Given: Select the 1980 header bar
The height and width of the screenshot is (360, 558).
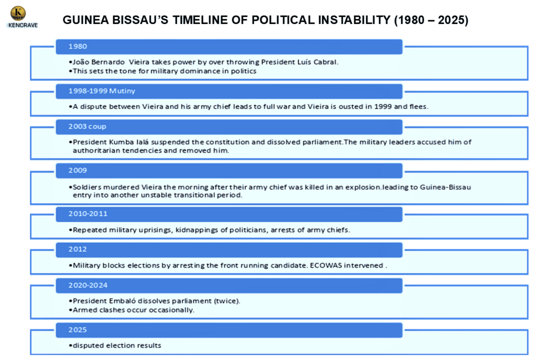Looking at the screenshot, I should (x=229, y=47).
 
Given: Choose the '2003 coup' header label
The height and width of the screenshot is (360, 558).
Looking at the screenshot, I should (x=88, y=127).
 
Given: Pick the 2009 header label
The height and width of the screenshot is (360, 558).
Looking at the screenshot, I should (x=78, y=170).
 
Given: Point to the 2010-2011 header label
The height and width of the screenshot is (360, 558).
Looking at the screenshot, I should (x=88, y=214).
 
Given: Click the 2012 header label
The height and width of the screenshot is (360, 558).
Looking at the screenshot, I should (x=78, y=249).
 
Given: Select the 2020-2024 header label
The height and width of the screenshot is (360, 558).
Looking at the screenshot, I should (x=88, y=285).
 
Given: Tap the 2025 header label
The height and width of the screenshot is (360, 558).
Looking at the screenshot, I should (x=78, y=330).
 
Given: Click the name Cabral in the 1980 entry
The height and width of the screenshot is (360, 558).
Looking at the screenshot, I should (x=324, y=62).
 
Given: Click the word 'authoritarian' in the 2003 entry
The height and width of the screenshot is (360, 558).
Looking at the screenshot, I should (x=96, y=150).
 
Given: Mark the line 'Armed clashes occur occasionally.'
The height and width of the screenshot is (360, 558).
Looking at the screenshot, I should (x=133, y=310).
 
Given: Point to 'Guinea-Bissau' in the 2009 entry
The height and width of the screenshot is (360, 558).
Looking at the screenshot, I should (x=446, y=187).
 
